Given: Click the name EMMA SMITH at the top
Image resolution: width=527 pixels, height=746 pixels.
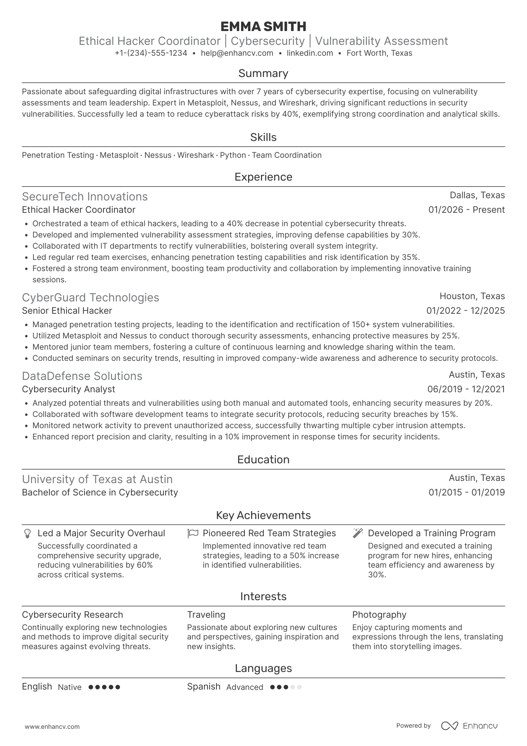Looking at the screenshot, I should click(263, 27).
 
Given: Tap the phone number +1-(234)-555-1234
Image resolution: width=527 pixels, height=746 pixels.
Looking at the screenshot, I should click(151, 53).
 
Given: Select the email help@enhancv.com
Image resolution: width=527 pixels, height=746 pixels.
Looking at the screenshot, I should click(237, 53).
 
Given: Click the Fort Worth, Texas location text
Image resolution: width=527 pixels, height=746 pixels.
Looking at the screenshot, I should click(379, 53).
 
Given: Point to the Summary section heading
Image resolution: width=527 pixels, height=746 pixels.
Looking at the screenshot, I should click(263, 73).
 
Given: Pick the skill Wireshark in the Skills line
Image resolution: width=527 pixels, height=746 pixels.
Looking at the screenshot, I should click(195, 155).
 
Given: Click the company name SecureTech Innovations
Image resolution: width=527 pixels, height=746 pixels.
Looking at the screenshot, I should click(85, 197).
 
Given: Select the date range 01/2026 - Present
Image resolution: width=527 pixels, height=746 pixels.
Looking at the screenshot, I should click(466, 210).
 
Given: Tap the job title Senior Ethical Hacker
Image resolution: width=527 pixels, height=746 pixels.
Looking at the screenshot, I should click(67, 311).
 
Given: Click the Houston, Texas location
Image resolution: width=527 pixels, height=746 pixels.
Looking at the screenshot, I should click(472, 296).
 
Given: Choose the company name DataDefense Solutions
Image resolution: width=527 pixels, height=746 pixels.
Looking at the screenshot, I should click(82, 376).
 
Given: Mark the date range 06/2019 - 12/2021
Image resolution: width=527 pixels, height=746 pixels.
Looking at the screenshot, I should click(466, 389).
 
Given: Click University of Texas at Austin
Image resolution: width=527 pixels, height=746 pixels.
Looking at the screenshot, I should click(97, 479).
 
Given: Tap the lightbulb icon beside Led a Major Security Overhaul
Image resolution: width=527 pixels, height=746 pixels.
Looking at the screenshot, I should click(27, 533).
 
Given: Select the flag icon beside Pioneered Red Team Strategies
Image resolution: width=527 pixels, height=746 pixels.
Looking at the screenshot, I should click(192, 533).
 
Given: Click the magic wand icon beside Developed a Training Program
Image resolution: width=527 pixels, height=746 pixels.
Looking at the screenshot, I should click(358, 533).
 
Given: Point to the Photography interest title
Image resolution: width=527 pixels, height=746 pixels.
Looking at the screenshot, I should click(379, 615).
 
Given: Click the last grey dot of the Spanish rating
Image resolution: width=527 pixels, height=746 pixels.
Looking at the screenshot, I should click(299, 687).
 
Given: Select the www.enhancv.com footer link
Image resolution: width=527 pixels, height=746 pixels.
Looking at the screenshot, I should click(52, 727).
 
